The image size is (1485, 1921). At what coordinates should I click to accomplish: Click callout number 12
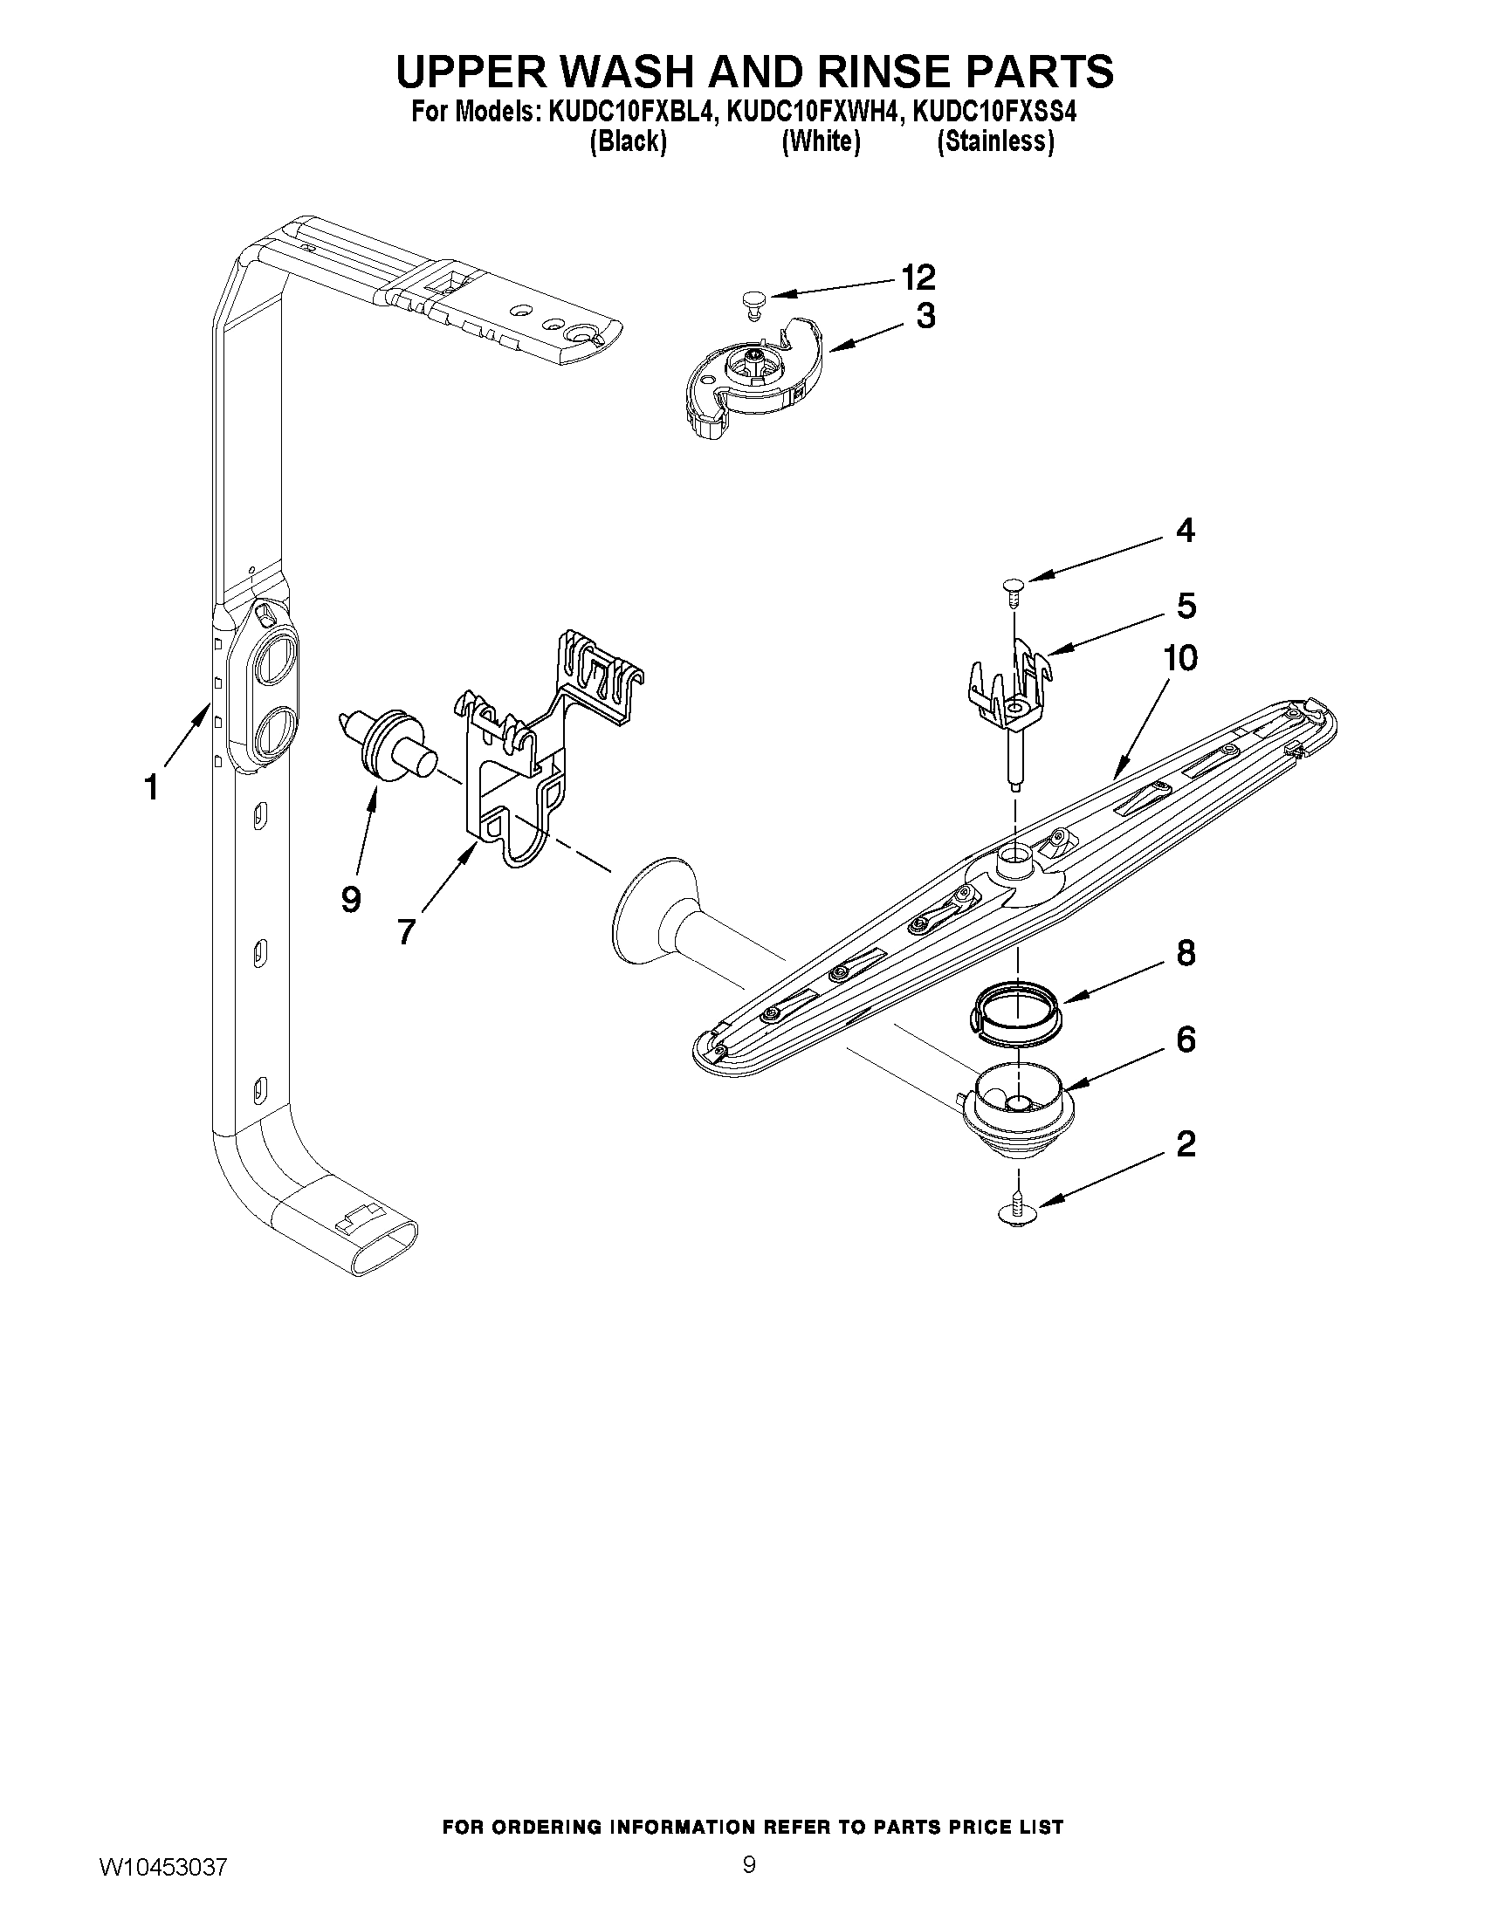click(918, 278)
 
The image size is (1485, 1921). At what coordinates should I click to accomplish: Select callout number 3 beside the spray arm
click(925, 316)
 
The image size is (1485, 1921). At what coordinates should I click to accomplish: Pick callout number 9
click(350, 899)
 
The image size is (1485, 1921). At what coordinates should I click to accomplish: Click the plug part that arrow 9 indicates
click(387, 746)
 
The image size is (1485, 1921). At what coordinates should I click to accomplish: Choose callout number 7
click(405, 931)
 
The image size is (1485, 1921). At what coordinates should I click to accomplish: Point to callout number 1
click(151, 787)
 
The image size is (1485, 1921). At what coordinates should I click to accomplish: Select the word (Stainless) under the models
click(995, 141)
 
